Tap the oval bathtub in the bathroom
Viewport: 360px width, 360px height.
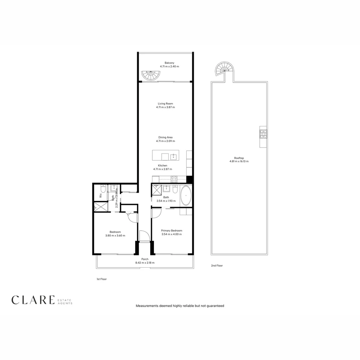[186, 195]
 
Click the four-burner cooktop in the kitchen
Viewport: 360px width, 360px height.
[174, 179]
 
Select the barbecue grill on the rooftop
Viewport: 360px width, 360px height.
[263, 134]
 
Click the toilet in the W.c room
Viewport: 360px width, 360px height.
[103, 189]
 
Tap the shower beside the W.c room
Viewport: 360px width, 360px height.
[101, 207]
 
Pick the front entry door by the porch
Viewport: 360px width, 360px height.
[144, 236]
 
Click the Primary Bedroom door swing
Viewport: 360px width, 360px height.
[156, 213]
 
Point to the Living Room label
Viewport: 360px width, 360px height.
[165, 104]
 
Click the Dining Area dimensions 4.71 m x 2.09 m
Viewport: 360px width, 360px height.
[165, 141]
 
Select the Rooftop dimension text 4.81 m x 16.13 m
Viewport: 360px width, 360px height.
[239, 161]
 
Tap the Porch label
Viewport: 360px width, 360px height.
[145, 259]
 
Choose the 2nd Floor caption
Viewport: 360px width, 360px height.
[217, 266]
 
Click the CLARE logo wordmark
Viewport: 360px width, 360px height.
[33, 300]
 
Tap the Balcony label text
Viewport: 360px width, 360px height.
[169, 63]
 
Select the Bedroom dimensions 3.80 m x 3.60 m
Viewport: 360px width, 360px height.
[115, 236]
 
